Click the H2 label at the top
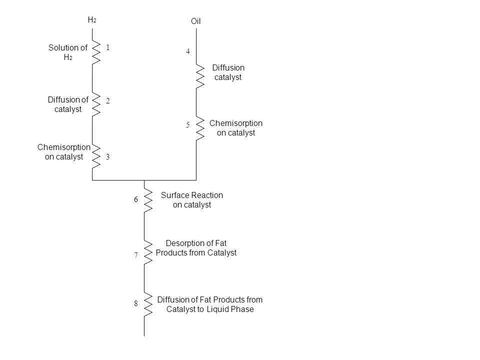click(x=92, y=20)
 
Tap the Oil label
click(x=195, y=21)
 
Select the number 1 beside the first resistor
click(x=107, y=47)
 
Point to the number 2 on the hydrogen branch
click(x=107, y=100)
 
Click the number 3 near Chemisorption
click(x=107, y=156)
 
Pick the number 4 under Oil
click(x=188, y=51)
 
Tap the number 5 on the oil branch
click(x=188, y=124)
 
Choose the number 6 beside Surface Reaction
click(x=135, y=199)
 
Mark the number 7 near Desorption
click(x=135, y=255)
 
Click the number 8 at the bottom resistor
click(x=135, y=303)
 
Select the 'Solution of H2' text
click(x=67, y=52)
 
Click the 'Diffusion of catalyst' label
click(x=68, y=104)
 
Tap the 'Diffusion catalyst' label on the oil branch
click(x=228, y=72)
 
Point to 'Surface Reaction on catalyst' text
click(x=192, y=199)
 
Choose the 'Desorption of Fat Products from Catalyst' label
click(x=196, y=248)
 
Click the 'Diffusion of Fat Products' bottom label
click(x=210, y=304)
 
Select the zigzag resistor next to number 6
click(x=148, y=197)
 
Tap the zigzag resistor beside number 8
click(x=148, y=303)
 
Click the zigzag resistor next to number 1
click(x=96, y=51)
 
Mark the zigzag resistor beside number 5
click(x=200, y=128)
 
